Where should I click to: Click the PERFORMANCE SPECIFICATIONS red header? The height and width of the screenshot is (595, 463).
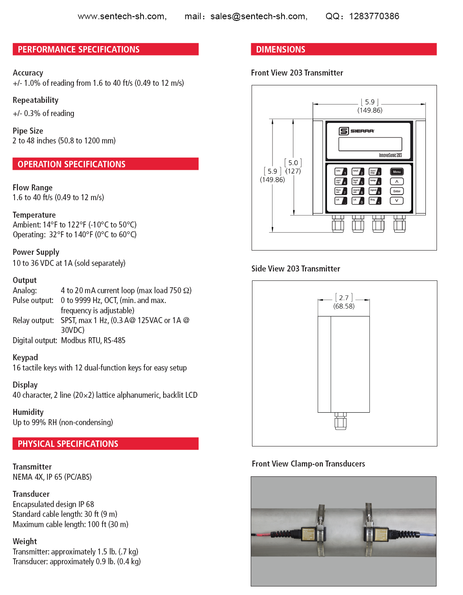click(105, 50)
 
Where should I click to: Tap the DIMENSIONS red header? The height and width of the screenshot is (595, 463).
click(343, 50)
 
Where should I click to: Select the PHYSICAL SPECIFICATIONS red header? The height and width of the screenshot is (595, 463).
click(105, 444)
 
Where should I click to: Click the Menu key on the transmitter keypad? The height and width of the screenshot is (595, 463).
click(397, 172)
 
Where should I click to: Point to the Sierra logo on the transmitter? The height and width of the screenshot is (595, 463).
click(357, 131)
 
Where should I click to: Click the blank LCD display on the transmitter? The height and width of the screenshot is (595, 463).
click(370, 144)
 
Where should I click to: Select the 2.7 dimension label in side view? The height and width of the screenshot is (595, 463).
click(344, 298)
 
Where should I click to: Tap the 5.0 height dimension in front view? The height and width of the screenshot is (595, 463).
click(293, 163)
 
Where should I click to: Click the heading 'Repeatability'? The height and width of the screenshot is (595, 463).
click(35, 100)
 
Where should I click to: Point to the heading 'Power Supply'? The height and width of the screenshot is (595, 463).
click(36, 252)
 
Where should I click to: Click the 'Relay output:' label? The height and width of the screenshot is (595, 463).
click(33, 321)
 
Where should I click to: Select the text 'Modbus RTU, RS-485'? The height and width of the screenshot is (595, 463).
click(93, 341)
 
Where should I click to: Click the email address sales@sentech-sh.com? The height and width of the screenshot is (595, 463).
click(258, 16)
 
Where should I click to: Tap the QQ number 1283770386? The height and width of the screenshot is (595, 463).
click(374, 16)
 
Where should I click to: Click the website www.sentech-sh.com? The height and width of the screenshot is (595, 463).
click(122, 16)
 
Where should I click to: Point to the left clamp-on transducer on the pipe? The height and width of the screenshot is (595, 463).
click(312, 534)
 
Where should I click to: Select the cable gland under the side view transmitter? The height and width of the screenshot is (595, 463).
click(340, 421)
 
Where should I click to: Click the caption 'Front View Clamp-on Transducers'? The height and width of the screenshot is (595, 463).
click(308, 464)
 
